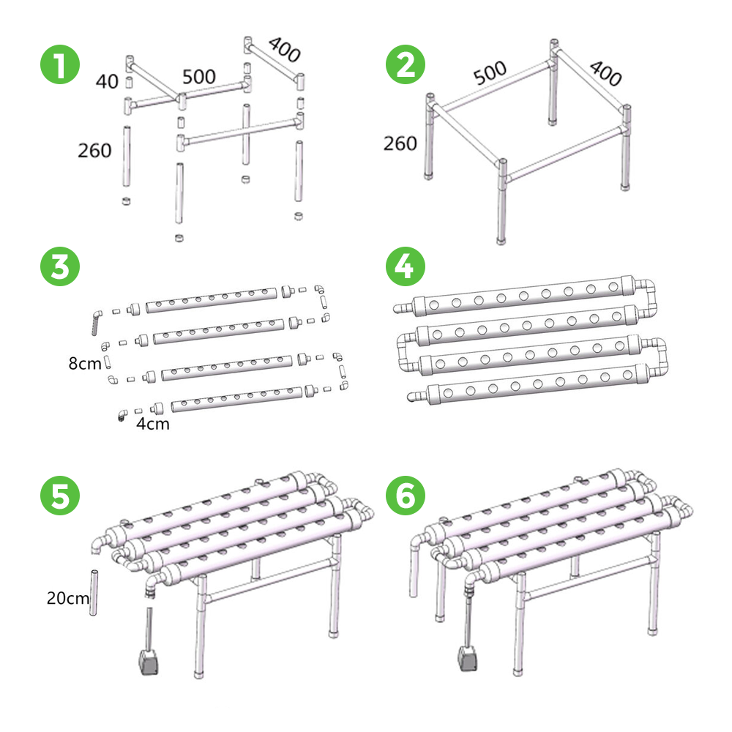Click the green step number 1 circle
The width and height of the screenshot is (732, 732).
(x=60, y=64)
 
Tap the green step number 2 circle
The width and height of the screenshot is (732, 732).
(x=406, y=64)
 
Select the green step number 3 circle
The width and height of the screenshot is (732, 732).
(x=60, y=266)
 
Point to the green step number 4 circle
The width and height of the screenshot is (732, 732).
(x=406, y=266)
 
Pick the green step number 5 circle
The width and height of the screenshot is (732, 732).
(x=60, y=496)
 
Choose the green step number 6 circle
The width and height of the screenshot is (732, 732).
(x=406, y=496)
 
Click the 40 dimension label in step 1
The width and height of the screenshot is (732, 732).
(x=107, y=82)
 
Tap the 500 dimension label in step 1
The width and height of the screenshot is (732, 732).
(x=199, y=77)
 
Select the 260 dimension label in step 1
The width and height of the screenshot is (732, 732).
(x=94, y=151)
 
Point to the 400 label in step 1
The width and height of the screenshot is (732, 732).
(x=284, y=50)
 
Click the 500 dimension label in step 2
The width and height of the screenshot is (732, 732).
(x=490, y=72)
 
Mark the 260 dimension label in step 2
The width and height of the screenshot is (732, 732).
(x=400, y=143)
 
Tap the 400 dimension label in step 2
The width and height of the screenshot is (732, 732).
(x=605, y=73)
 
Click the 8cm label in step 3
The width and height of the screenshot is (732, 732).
(x=84, y=363)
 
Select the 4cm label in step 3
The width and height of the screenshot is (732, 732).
(x=153, y=424)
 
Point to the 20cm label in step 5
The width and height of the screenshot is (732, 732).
(x=67, y=598)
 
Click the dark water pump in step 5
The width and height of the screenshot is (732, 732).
(x=149, y=662)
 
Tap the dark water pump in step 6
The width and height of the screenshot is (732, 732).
(x=468, y=658)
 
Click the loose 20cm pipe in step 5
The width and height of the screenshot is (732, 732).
(x=94, y=592)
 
